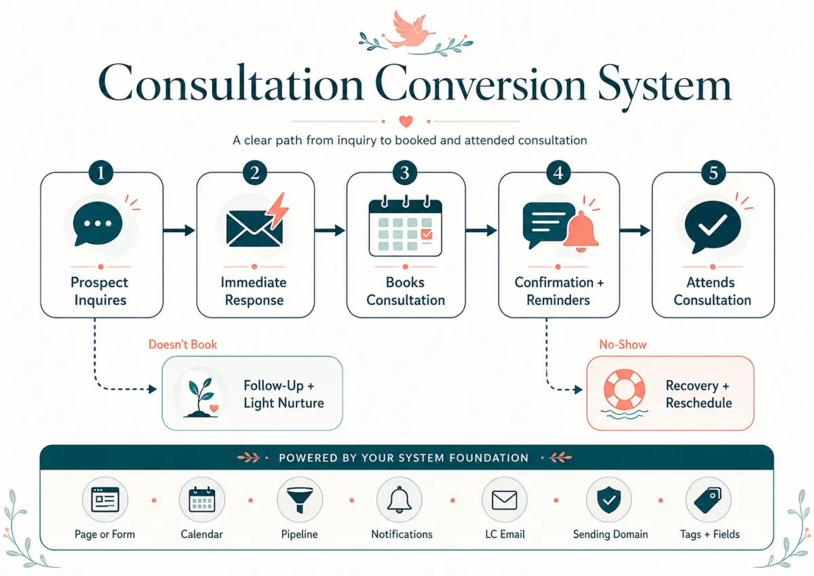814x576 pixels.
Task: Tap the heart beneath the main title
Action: tap(406, 121)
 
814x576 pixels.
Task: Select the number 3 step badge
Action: tap(405, 172)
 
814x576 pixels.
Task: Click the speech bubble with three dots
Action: tap(98, 223)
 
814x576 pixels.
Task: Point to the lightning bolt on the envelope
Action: tap(277, 210)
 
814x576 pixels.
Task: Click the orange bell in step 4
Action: tap(581, 231)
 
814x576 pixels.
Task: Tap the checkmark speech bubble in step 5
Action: tap(712, 226)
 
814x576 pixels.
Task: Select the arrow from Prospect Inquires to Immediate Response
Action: tap(179, 231)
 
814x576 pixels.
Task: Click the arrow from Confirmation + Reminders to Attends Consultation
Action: tap(635, 231)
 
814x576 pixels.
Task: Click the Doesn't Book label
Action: tap(182, 345)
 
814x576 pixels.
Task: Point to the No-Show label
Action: tap(623, 345)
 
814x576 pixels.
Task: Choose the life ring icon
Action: tap(624, 390)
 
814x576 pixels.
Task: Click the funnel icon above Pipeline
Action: tap(299, 500)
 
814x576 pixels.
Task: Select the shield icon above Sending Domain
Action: tap(609, 500)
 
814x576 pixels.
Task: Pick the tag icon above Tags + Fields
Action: tap(708, 500)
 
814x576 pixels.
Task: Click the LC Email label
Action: tap(505, 534)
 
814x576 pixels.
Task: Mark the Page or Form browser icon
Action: tap(105, 500)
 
